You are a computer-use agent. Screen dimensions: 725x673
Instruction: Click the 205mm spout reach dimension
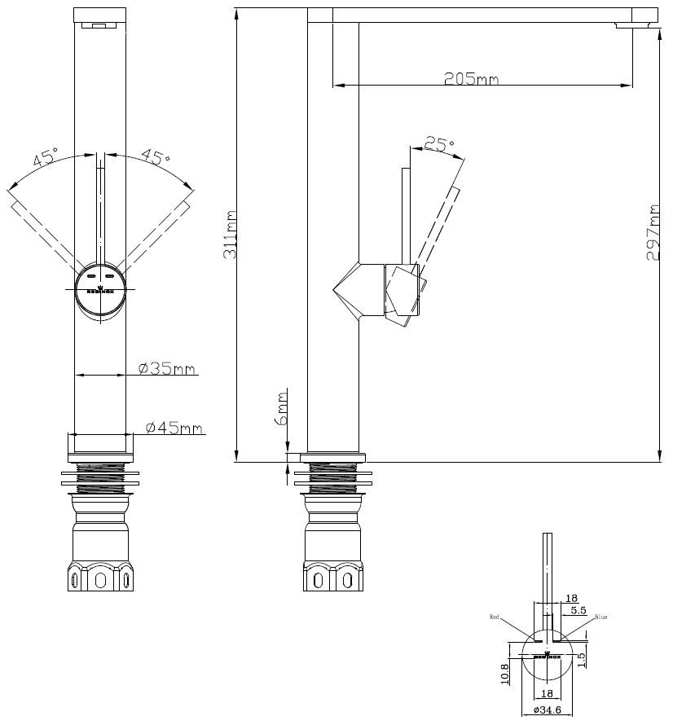coord(471,79)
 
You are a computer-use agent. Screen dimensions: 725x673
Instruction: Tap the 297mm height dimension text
coord(653,232)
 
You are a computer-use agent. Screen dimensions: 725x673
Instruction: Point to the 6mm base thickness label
coord(281,408)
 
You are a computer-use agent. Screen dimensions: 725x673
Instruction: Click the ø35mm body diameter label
coord(167,369)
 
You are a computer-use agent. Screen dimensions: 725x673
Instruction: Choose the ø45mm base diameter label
coord(174,428)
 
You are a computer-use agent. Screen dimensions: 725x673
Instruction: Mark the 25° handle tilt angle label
coord(440,145)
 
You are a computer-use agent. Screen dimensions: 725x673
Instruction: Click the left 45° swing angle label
coord(46,157)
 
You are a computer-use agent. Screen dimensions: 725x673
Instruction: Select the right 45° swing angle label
coord(155,156)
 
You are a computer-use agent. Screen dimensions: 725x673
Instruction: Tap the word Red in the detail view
coord(495,617)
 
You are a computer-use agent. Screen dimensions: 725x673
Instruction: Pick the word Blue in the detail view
coord(601,617)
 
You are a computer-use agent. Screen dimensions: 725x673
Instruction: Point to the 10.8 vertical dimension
coord(505,672)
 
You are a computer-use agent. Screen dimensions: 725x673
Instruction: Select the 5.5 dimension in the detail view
coord(578,609)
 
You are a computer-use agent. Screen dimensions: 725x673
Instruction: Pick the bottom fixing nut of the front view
coord(100,578)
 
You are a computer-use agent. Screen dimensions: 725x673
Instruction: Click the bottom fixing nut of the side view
coord(334,578)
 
